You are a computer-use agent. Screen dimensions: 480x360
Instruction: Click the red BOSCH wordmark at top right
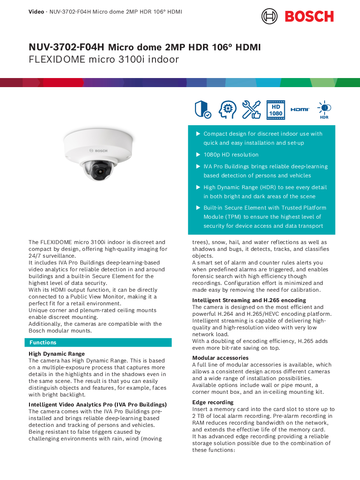309,16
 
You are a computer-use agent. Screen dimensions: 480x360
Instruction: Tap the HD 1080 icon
276,110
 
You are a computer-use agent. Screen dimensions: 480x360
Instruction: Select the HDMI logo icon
300,110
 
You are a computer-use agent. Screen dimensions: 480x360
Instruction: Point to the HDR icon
324,110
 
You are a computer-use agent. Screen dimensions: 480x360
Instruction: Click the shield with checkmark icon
202,110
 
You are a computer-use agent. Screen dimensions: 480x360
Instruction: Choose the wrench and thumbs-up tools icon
251,110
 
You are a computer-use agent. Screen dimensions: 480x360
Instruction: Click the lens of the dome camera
100,170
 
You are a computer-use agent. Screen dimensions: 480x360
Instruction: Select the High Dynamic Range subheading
57,354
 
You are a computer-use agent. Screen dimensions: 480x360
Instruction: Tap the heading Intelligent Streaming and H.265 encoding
249,300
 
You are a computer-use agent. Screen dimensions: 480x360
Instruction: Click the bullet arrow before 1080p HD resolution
198,155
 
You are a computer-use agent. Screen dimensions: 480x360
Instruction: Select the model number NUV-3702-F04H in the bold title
66,47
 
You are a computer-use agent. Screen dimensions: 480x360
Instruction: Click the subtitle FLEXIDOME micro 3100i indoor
104,59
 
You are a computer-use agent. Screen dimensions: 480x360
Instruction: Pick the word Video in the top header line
36,11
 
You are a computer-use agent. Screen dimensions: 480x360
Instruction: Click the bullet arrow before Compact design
198,134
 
